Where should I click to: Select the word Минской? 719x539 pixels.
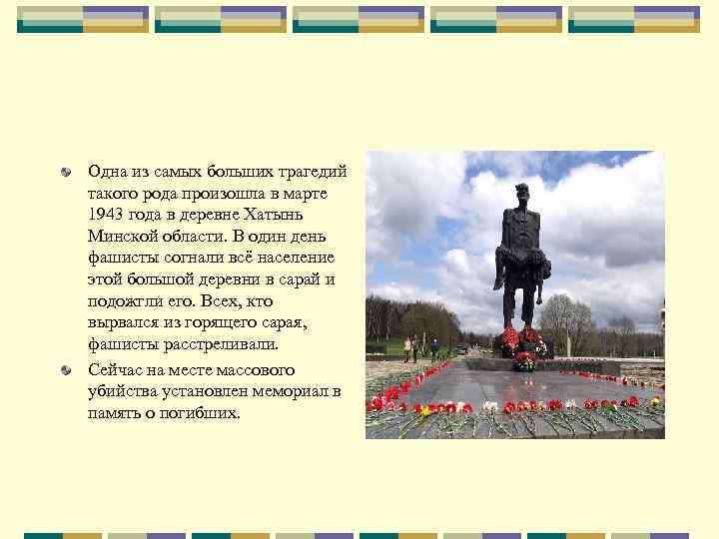(x=119, y=237)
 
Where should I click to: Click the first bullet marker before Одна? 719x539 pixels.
(x=65, y=173)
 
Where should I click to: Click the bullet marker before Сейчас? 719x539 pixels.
(x=65, y=368)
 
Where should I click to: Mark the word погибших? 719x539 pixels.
(x=204, y=411)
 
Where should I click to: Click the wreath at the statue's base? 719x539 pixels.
(x=522, y=359)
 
